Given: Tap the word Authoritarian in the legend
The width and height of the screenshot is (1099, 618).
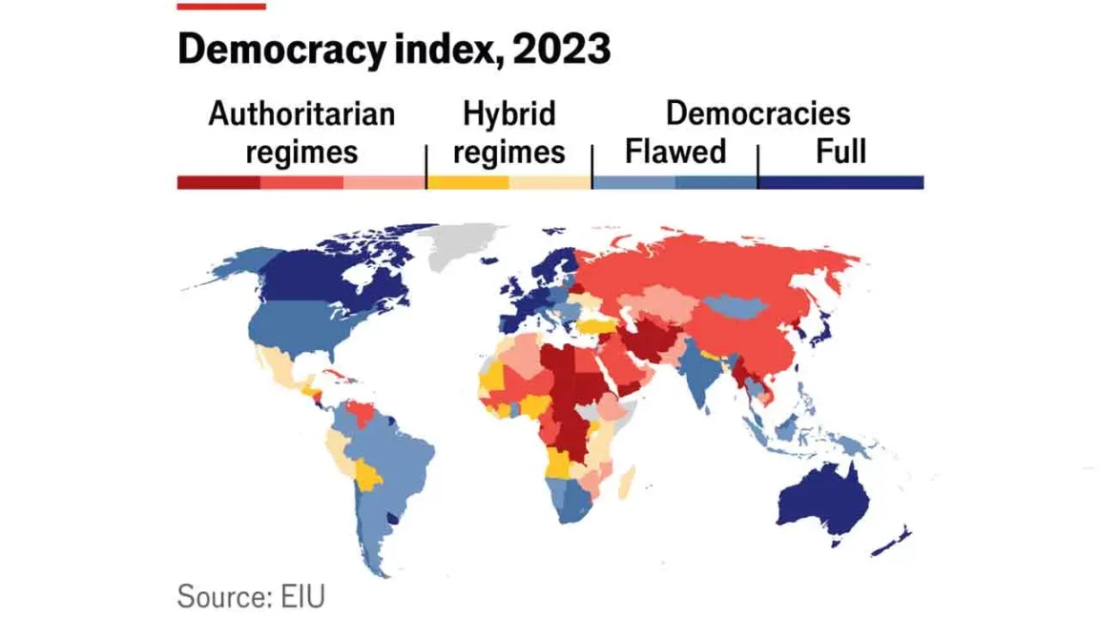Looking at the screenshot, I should pos(301,113).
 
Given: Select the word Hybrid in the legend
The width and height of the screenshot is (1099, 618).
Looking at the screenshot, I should pos(508,113).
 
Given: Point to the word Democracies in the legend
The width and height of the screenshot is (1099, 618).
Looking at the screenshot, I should pos(757,113).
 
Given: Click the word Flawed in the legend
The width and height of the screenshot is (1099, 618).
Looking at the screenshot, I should pos(674,152).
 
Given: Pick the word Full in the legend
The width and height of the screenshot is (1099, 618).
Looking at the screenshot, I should pos(840,152).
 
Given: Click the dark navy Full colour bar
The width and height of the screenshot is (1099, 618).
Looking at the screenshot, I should pos(840,182).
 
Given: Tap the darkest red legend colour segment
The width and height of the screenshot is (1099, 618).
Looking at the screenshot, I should pos(218,182).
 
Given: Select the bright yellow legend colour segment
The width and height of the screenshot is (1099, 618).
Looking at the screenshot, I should pos(467,182).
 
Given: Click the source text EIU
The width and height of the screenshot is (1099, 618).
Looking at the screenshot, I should pos(302,597).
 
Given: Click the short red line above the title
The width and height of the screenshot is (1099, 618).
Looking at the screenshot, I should pos(221,7).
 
